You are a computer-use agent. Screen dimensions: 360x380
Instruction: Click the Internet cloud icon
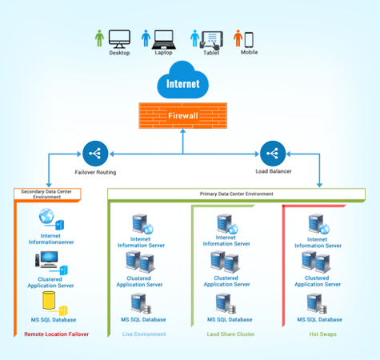click(x=183, y=82)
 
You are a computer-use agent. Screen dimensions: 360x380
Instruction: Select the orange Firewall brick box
click(x=183, y=114)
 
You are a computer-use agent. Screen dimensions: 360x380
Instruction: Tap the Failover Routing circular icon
click(x=95, y=152)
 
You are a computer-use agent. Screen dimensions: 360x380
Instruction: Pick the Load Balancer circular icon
click(x=273, y=152)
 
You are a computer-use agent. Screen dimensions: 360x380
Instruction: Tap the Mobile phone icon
click(x=249, y=38)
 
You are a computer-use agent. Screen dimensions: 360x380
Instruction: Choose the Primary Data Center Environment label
click(x=236, y=194)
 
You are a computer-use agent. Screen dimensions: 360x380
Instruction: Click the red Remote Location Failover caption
click(x=57, y=334)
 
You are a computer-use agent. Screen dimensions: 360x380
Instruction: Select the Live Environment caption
click(x=143, y=334)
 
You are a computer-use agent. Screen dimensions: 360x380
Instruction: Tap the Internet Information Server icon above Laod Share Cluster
click(x=225, y=223)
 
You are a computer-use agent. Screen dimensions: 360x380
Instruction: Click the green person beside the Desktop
click(x=99, y=38)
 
